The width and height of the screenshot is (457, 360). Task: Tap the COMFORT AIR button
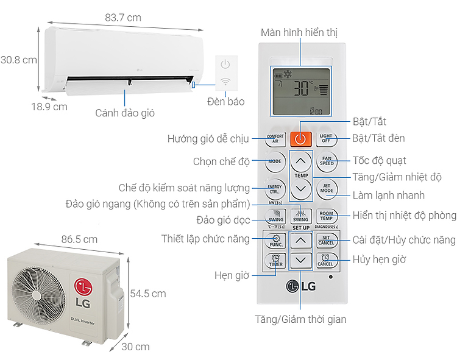(275, 139)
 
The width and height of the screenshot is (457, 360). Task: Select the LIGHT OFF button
(327, 139)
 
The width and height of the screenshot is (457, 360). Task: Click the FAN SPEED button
(327, 162)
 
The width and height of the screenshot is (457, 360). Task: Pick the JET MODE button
(327, 188)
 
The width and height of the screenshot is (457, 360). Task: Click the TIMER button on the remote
(275, 261)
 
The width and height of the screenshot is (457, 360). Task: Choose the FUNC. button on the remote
(275, 239)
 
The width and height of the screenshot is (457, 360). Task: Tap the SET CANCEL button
(327, 239)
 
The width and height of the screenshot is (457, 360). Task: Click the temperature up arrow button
(301, 162)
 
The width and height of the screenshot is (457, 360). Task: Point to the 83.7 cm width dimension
(122, 18)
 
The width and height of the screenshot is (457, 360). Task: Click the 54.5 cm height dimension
(148, 294)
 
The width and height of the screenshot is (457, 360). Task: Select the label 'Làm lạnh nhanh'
(388, 196)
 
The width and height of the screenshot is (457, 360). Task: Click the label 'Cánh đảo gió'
(125, 113)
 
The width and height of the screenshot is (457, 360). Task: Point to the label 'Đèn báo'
(225, 102)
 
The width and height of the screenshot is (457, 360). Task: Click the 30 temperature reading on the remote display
(301, 90)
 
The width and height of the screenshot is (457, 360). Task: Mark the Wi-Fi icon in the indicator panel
(225, 81)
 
